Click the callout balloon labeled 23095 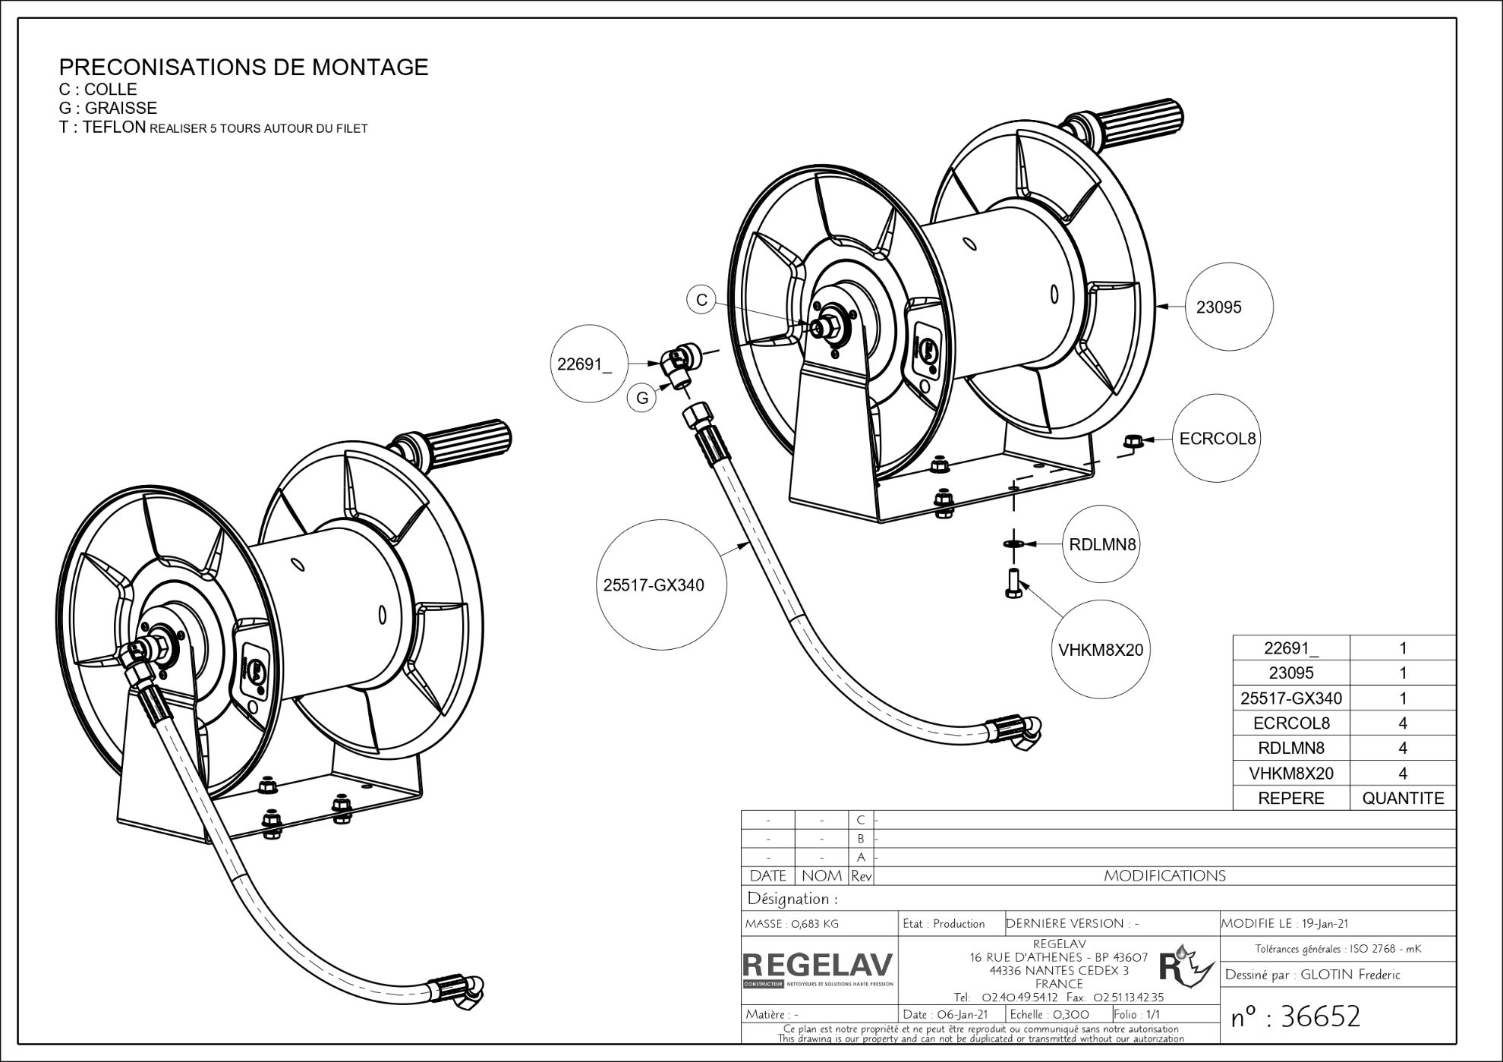coord(1228,307)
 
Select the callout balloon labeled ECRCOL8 coord(1217,439)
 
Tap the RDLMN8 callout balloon coord(1102,544)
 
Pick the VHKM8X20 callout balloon coord(1101,650)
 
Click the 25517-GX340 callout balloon coord(654,585)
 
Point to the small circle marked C coord(701,300)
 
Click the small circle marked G coord(642,398)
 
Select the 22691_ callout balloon coord(584,364)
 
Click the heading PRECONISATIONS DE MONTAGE coord(244,67)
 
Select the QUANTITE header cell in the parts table coord(1403,798)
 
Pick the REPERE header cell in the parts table coord(1290,798)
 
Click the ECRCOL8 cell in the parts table coord(1290,723)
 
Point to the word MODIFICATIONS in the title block coord(1164,876)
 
